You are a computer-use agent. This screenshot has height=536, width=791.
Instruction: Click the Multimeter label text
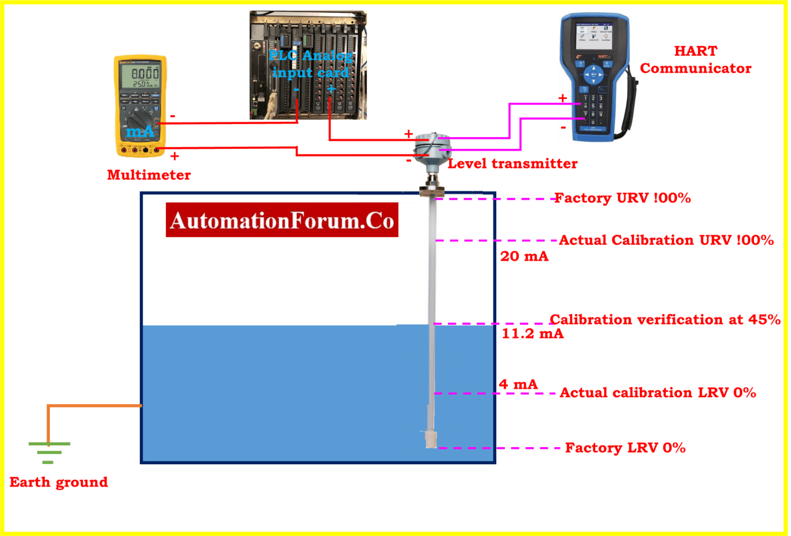pos(149,175)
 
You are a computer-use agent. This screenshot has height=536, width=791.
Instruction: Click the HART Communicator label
pos(695,60)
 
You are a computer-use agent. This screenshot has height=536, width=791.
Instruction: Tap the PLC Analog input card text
pos(310,64)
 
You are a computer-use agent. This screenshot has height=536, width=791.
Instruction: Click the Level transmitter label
pos(513,164)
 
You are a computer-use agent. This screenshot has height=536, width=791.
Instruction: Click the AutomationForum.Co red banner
pos(282,220)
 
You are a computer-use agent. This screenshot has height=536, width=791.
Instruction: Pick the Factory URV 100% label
pos(623,198)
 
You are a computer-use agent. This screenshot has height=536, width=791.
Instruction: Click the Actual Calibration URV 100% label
pos(666,240)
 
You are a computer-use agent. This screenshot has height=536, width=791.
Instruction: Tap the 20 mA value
pos(524,257)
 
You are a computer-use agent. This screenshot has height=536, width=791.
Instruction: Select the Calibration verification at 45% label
pos(665,320)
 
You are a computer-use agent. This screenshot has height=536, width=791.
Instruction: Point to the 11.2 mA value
pos(532,334)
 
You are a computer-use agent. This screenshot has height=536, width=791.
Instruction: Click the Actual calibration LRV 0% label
pos(658,393)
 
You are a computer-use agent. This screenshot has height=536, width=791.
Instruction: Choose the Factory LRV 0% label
pos(625,448)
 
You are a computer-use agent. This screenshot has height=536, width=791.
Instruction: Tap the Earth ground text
pos(59,482)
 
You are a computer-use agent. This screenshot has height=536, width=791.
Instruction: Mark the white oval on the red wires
pos(287,134)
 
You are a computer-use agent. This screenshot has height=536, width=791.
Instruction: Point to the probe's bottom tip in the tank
pos(431,440)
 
